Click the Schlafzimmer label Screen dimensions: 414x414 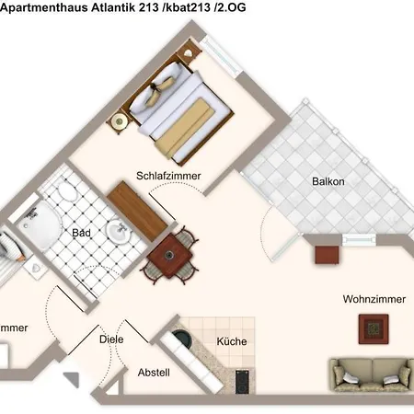(168, 176)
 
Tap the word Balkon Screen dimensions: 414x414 (328, 181)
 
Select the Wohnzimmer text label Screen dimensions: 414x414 (373, 300)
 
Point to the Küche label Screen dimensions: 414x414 (231, 342)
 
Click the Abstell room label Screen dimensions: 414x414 (153, 374)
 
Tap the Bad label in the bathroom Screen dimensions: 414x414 (82, 233)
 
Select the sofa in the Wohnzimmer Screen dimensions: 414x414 (371, 374)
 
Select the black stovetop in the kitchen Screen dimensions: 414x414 (243, 380)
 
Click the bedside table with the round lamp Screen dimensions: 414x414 (119, 121)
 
